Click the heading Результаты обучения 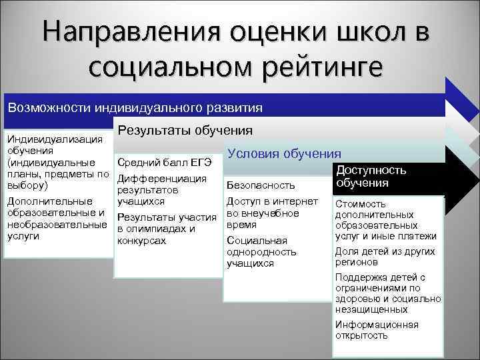(x=185, y=131)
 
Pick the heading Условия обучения (x=284, y=153)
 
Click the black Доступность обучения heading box (x=371, y=176)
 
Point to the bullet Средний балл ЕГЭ (x=164, y=163)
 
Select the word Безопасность (x=261, y=184)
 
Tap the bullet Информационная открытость (x=377, y=330)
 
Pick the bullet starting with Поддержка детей (x=387, y=293)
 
